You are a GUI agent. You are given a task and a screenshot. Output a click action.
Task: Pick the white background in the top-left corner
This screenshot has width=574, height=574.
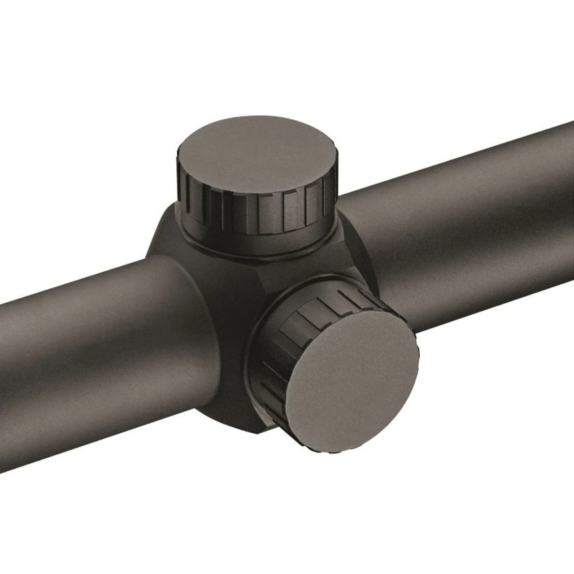45,45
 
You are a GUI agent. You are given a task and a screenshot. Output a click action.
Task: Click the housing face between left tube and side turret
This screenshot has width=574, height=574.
224,323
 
